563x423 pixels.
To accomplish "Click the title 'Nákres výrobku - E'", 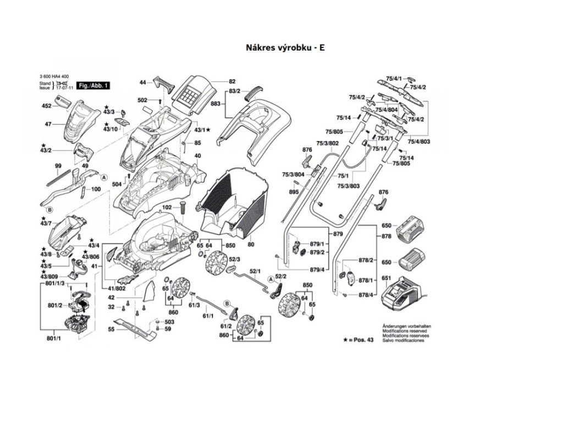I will [x=285, y=48].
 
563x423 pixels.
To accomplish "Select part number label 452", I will [x=47, y=106].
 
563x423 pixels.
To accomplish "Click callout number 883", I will [x=215, y=104].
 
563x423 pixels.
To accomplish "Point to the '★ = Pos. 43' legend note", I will [x=358, y=340].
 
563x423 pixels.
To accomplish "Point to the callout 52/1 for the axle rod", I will [x=255, y=272].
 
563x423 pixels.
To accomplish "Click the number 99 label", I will [x=58, y=166].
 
